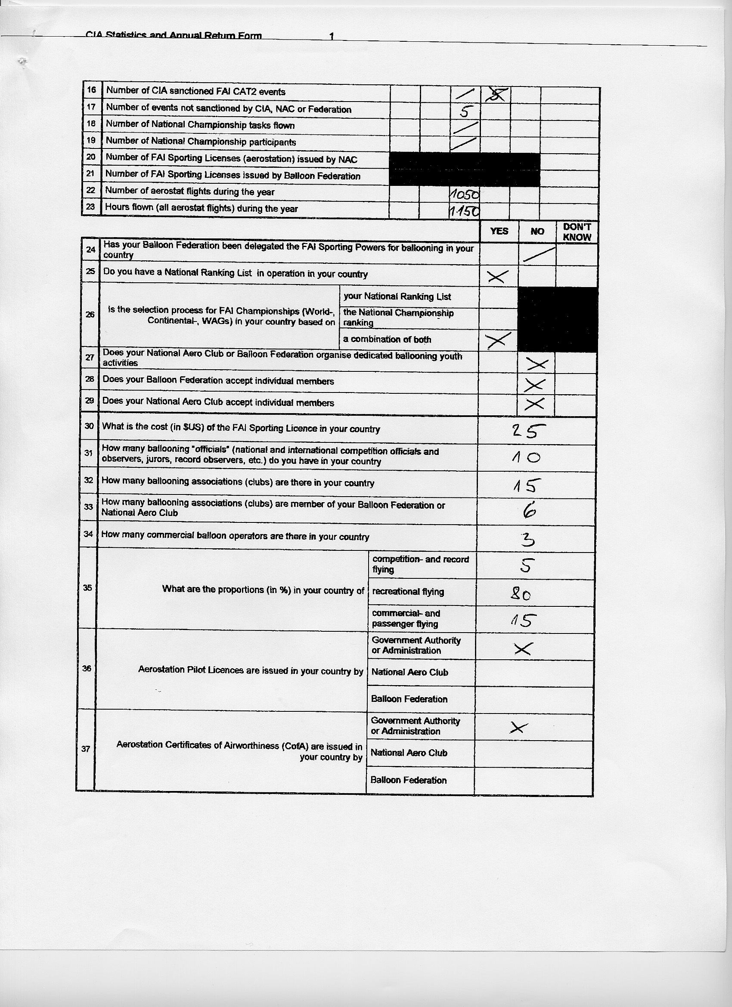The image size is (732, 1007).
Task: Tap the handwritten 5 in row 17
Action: (x=464, y=111)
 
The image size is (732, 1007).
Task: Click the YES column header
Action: (x=499, y=232)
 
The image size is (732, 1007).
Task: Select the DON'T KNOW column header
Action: (x=577, y=232)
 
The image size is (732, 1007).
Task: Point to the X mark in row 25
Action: (x=497, y=277)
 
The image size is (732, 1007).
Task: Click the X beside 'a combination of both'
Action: (x=498, y=340)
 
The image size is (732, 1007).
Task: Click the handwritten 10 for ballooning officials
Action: (x=525, y=457)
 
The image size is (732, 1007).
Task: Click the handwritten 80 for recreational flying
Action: (x=520, y=593)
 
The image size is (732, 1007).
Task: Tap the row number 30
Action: (x=89, y=426)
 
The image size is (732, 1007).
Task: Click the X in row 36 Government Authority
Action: (x=522, y=649)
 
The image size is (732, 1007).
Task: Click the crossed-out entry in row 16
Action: (x=496, y=95)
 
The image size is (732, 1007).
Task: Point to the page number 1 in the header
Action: (x=332, y=36)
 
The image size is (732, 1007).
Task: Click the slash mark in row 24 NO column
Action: (x=539, y=254)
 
